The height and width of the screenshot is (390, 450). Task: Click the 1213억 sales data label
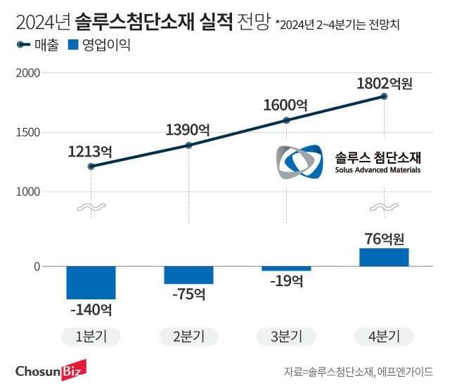pos(91,150)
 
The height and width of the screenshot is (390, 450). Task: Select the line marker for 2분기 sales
pos(188,145)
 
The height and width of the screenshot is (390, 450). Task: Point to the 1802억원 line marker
pos(384,96)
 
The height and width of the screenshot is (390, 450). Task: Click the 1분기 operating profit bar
pos(91,283)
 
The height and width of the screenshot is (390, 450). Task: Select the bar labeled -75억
pos(188,275)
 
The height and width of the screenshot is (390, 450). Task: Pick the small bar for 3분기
pos(286,269)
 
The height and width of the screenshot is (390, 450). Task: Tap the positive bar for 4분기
pos(384,257)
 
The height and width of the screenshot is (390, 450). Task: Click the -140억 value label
pos(91,309)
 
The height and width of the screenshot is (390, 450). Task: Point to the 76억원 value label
pos(384,238)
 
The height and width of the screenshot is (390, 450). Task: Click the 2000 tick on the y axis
pos(28,73)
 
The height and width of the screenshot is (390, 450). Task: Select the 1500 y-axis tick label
pos(28,132)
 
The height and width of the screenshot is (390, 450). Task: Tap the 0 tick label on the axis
pos(37,267)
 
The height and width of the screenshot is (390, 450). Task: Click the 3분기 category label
pos(286,336)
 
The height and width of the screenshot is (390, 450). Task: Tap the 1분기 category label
pos(91,336)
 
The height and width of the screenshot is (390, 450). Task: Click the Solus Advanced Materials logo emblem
pos(300,162)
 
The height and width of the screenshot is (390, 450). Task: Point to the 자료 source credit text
pos(359,371)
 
